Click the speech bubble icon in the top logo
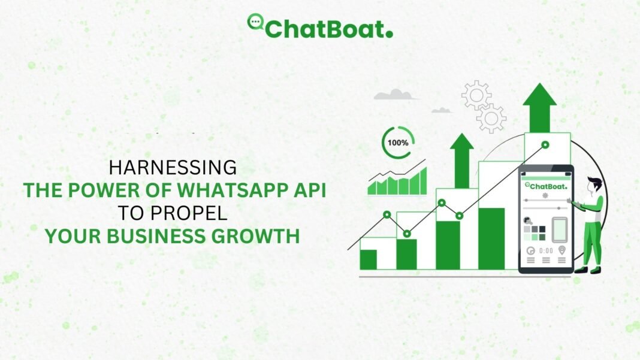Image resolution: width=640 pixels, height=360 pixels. [255, 22]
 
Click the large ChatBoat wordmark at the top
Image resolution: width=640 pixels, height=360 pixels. [329, 29]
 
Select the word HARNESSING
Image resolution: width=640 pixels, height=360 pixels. [173, 168]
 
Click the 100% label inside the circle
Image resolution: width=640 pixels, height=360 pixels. [398, 143]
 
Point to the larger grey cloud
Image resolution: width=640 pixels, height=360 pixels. [395, 95]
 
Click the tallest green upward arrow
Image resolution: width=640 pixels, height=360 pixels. [539, 108]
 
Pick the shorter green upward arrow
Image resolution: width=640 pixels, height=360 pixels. [461, 161]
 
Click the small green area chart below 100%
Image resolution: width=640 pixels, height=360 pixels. [397, 183]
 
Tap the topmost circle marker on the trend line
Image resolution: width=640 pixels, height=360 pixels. [545, 144]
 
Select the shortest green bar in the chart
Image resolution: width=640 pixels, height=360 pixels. [368, 259]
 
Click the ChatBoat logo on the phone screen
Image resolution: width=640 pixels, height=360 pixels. [546, 186]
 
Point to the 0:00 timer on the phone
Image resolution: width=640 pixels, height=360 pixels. [546, 250]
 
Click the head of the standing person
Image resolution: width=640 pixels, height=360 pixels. [593, 184]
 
